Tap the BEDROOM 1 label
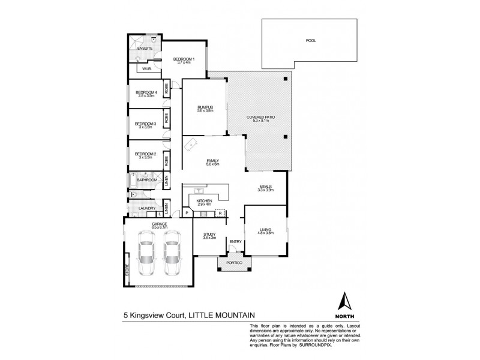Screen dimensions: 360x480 (184, 59)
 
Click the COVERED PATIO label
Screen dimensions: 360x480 (260, 117)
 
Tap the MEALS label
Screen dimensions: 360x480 (266, 187)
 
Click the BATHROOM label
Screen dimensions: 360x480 (146, 179)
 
